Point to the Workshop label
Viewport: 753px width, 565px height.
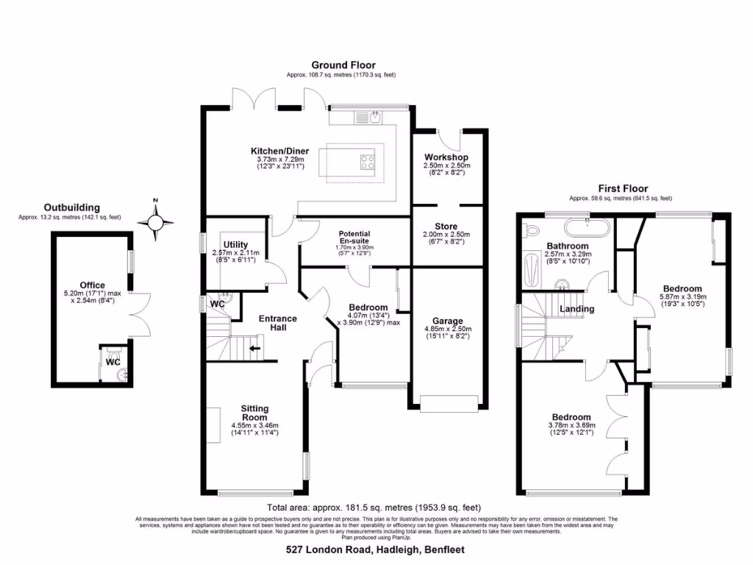click(446, 157)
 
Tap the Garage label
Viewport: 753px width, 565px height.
click(447, 321)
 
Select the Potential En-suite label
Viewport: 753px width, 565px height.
click(354, 237)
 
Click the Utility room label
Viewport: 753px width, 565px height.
click(235, 244)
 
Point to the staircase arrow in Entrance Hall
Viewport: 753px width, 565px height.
click(255, 348)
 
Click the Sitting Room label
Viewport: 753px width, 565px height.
click(254, 413)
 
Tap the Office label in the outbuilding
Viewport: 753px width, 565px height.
click(93, 285)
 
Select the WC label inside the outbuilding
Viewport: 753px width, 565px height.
click(113, 362)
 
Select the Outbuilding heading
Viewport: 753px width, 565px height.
click(71, 207)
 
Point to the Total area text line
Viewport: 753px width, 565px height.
click(374, 508)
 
